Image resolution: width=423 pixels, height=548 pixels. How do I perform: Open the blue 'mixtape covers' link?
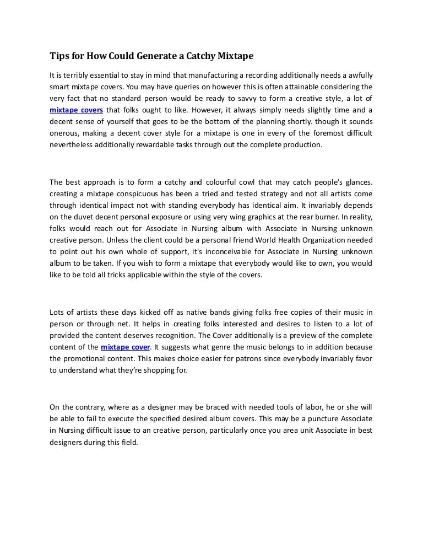(x=76, y=110)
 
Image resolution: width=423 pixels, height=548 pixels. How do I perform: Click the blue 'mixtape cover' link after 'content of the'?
(x=125, y=347)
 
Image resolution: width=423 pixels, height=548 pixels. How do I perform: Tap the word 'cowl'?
(x=264, y=181)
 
